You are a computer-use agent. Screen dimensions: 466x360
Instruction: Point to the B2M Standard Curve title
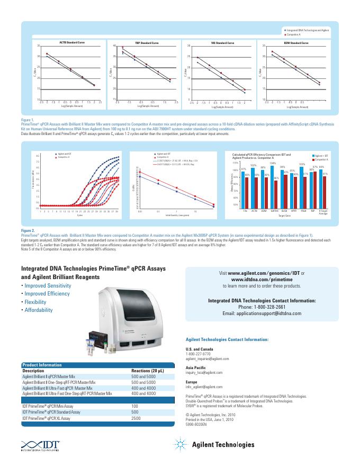point(293,42)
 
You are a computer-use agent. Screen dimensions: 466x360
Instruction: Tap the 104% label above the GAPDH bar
point(273,164)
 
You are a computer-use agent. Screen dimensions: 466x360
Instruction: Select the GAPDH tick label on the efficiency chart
point(274,210)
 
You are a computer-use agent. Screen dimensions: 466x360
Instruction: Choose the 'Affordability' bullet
point(38,310)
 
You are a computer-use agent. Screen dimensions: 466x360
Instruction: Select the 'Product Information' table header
point(42,365)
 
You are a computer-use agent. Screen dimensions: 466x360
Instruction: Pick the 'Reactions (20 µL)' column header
point(150,371)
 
